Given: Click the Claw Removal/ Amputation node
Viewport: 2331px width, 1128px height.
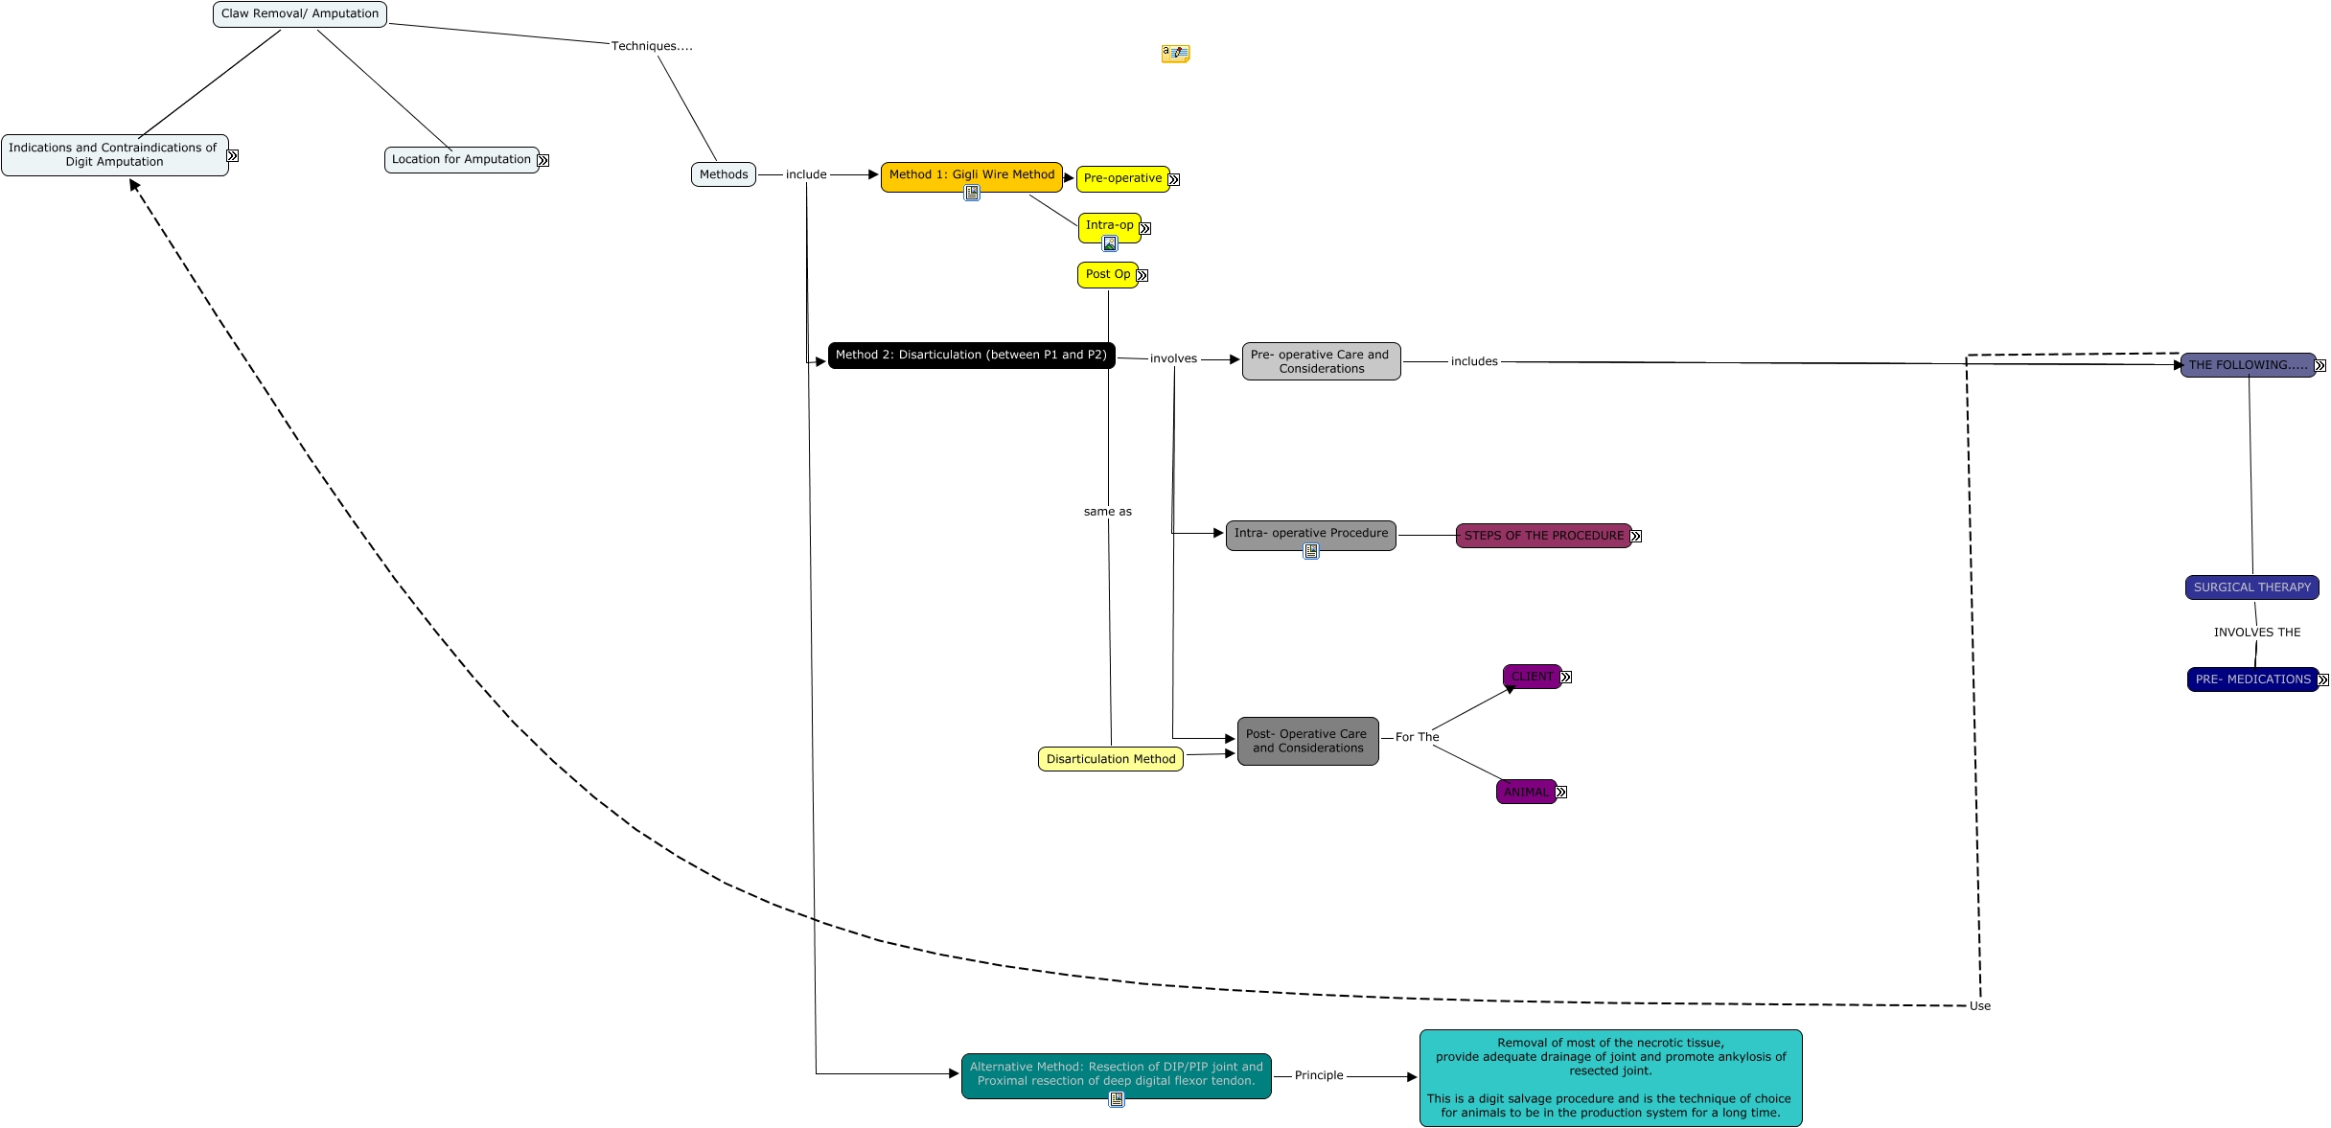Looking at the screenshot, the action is (x=300, y=14).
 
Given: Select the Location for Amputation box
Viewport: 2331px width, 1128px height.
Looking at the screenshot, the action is (x=461, y=160).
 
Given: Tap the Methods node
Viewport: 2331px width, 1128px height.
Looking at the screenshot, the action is (x=724, y=174).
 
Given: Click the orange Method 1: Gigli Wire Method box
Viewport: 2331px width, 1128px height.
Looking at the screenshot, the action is (x=972, y=177).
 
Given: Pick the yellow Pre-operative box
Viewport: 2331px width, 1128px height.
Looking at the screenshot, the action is (x=1122, y=179).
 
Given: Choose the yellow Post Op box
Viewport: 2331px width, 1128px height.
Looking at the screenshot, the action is (x=1108, y=275).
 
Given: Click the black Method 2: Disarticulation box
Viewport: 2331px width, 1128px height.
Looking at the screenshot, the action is (x=971, y=356).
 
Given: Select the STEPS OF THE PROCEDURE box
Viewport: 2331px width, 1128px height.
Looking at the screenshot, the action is (x=1544, y=536).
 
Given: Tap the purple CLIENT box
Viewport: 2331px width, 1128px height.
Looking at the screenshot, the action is (x=1532, y=677).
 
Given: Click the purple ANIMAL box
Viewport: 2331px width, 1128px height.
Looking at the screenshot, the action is (x=1526, y=792).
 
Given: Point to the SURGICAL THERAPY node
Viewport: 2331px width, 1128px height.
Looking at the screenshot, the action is (x=2252, y=587).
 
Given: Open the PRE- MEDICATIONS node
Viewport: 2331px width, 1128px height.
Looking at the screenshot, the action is (x=2253, y=679).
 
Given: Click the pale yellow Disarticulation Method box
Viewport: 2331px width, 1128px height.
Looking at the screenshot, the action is (x=1111, y=759).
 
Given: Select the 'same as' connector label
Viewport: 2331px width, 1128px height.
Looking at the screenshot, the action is (x=1108, y=512).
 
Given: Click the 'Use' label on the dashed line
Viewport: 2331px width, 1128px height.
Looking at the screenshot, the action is (x=1980, y=1006).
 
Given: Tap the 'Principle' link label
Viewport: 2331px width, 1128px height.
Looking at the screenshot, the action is (x=1319, y=1075).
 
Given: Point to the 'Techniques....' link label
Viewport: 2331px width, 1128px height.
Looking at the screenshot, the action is (x=652, y=46).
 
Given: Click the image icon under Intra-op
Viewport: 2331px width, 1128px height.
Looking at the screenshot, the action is (x=1110, y=243).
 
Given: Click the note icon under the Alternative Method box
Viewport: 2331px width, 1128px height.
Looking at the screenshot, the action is (x=1117, y=1099).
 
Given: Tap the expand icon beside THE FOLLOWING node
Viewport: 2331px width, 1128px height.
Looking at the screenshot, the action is (x=2320, y=365).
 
